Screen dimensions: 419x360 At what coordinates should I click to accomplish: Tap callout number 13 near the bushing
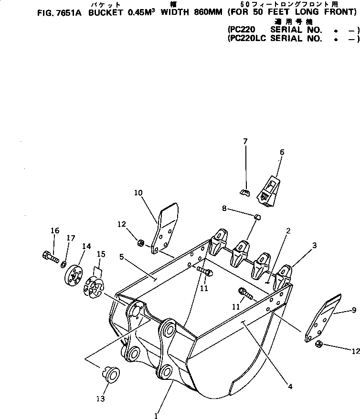[101, 398]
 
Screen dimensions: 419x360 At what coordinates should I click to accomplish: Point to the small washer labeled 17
[64, 264]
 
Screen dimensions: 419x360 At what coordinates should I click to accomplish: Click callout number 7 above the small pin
[245, 141]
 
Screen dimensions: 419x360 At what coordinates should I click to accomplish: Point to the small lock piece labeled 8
[257, 217]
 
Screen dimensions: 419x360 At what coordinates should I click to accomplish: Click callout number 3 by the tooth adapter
[315, 246]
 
